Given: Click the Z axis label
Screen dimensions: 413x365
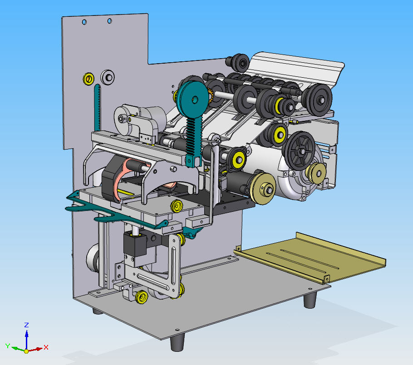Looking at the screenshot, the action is tap(26, 325).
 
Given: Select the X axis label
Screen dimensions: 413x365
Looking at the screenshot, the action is tap(46, 347).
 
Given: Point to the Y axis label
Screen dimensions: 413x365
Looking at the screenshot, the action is tap(8, 346).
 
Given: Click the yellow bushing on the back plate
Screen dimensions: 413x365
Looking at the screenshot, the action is tap(88, 79).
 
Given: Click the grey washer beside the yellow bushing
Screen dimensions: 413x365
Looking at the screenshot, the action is tap(108, 77).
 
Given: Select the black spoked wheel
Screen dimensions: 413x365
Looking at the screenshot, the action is tap(299, 150).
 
